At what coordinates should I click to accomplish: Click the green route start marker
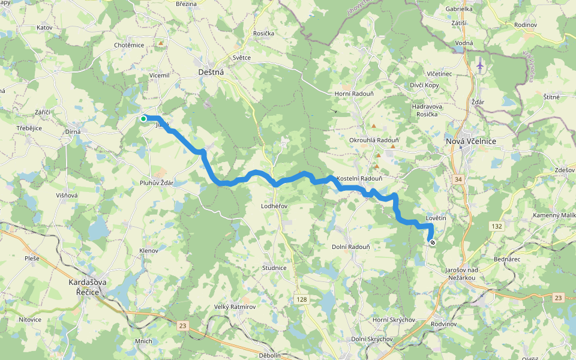[143, 119]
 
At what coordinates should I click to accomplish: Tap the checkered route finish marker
[433, 242]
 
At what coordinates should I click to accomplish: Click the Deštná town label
[211, 72]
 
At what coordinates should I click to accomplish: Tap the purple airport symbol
[480, 64]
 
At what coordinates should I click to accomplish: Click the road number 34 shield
[458, 179]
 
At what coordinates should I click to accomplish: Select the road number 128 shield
[301, 299]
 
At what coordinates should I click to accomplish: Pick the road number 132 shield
[496, 226]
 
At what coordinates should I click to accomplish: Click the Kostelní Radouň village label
[359, 179]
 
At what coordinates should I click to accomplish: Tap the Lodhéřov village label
[275, 206]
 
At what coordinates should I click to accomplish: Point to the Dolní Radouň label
[350, 247]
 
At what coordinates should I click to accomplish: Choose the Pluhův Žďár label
[156, 183]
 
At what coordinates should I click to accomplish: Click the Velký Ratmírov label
[235, 307]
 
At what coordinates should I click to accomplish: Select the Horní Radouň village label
[355, 94]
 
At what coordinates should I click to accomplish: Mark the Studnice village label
[274, 268]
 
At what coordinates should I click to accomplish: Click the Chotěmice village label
[129, 45]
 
